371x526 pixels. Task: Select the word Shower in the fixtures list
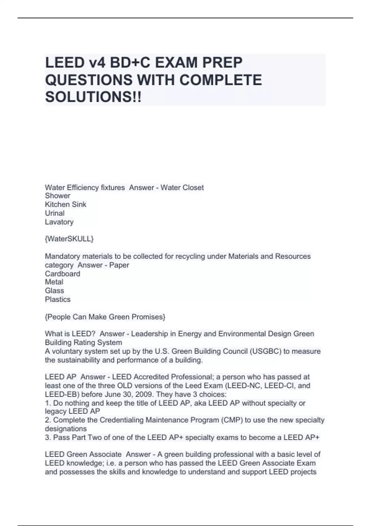point(58,196)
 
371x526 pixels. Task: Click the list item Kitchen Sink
point(66,205)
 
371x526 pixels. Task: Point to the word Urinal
point(55,213)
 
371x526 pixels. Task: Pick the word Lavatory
point(59,222)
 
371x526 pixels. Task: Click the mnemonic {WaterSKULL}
point(69,239)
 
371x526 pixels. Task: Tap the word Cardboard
point(62,274)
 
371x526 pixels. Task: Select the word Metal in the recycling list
point(54,282)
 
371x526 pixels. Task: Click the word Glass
point(54,291)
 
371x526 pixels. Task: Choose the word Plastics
point(58,299)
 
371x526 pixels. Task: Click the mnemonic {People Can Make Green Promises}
point(105,317)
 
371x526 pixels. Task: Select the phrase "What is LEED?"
point(70,334)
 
